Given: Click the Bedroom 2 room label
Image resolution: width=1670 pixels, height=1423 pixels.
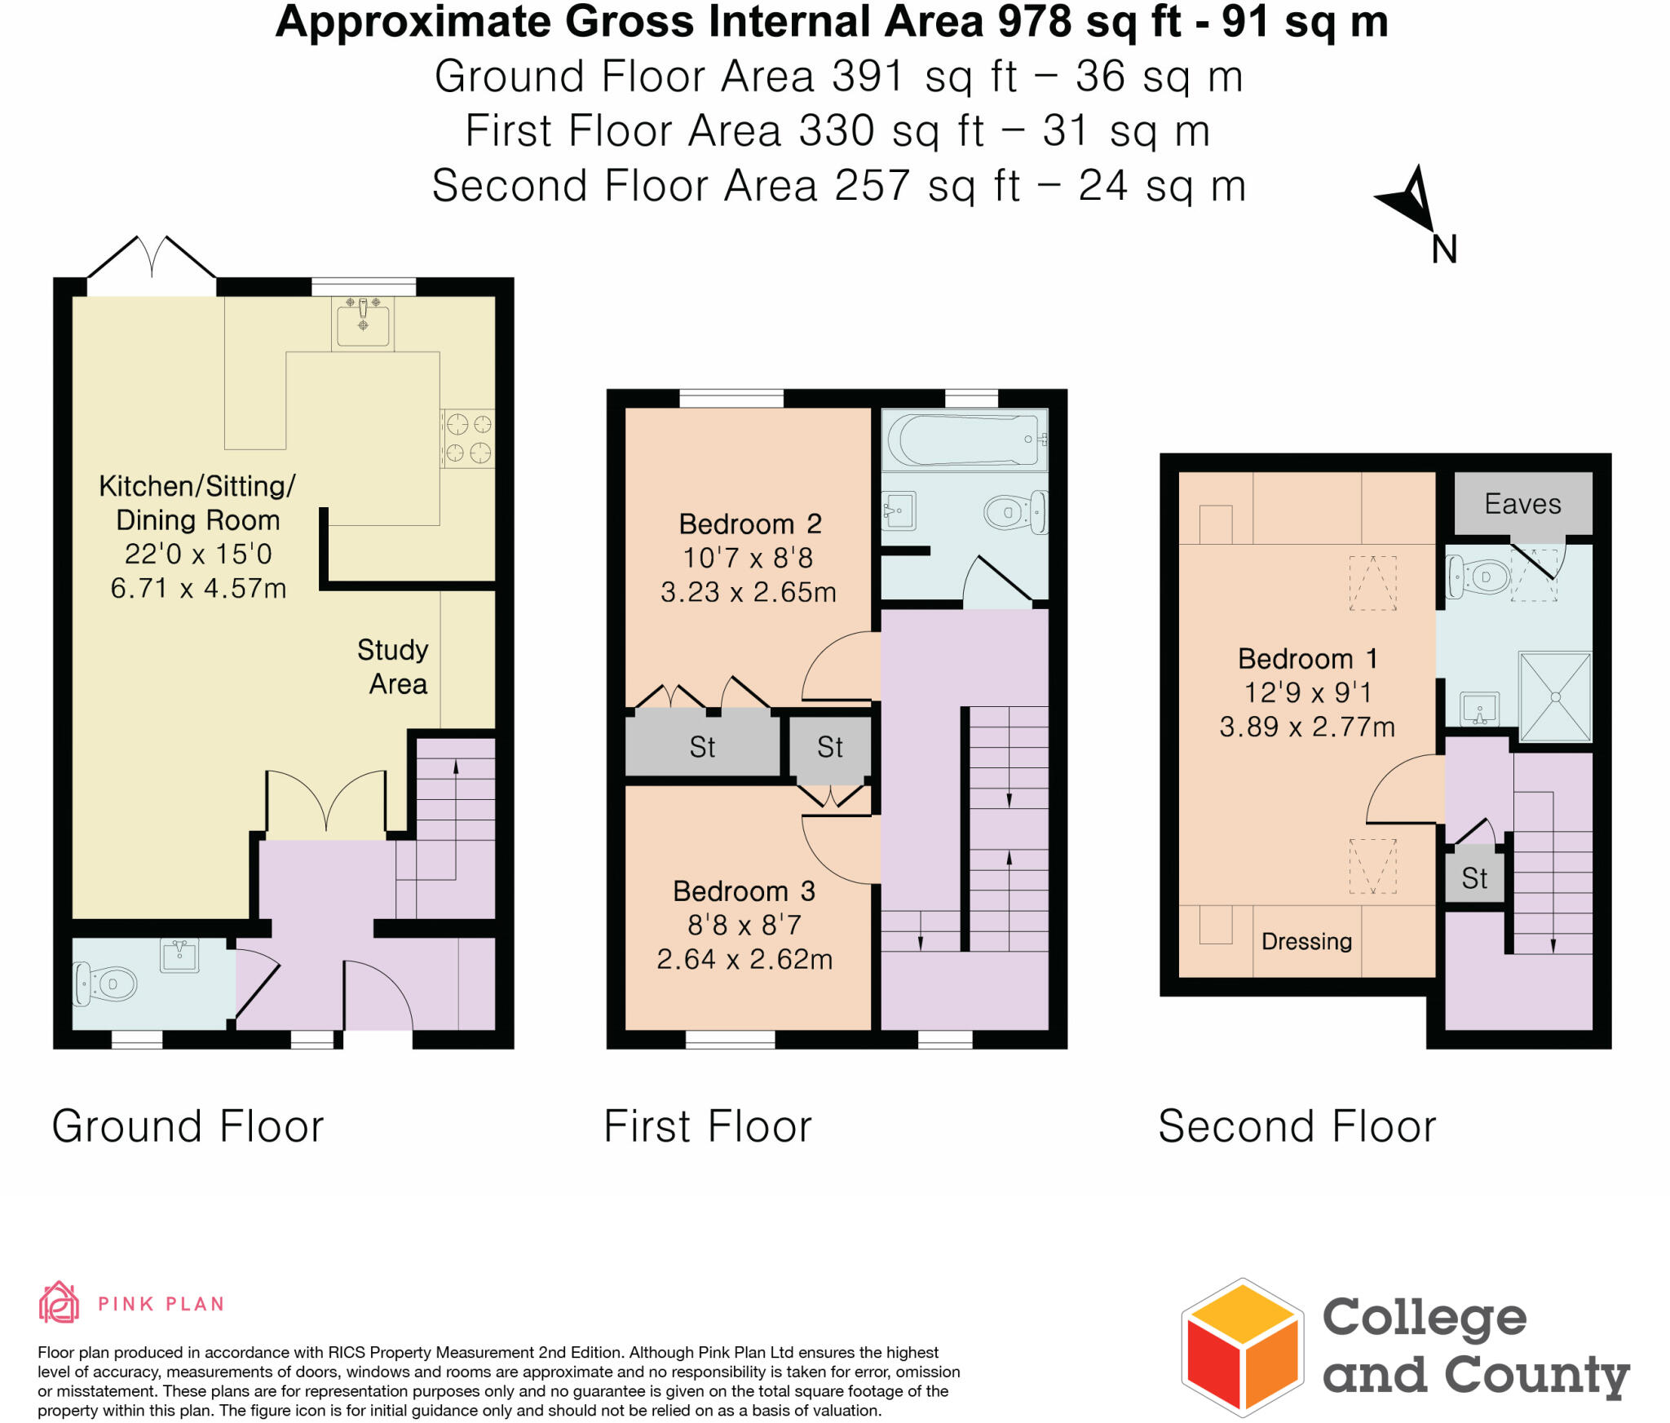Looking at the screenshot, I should pos(749,524).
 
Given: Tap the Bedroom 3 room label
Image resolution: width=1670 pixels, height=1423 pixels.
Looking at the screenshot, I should pos(744,891).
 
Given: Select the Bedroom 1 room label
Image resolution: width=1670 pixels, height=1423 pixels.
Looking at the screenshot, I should pos(1307,659).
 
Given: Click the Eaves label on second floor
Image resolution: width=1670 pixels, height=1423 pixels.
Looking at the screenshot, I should pos(1522,504).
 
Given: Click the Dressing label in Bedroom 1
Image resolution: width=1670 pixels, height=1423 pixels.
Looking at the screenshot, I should pos(1306,942).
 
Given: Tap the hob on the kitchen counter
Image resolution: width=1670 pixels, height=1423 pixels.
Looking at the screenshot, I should pos(468,438).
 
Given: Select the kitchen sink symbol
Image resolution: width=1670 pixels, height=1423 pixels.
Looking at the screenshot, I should pos(363,321).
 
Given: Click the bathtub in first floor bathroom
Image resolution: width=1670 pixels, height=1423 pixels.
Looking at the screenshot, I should pos(964,440).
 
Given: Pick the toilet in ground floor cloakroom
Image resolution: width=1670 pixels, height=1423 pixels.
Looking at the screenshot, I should pos(104,983).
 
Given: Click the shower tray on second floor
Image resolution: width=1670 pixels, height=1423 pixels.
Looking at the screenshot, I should pos(1555,696).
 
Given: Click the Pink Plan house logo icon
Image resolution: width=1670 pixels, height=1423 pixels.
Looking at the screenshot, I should pos(59,1302).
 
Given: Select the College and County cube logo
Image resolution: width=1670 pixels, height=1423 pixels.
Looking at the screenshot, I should pos(1242,1346).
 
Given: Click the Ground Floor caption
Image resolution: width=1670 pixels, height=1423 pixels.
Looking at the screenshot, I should pos(188,1127).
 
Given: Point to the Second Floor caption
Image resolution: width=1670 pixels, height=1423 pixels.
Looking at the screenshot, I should pos(1297,1127).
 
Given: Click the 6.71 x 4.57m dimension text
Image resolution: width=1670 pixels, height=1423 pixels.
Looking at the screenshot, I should pos(198,589).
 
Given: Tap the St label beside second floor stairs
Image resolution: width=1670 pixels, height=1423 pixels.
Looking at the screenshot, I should pos(1473,879).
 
